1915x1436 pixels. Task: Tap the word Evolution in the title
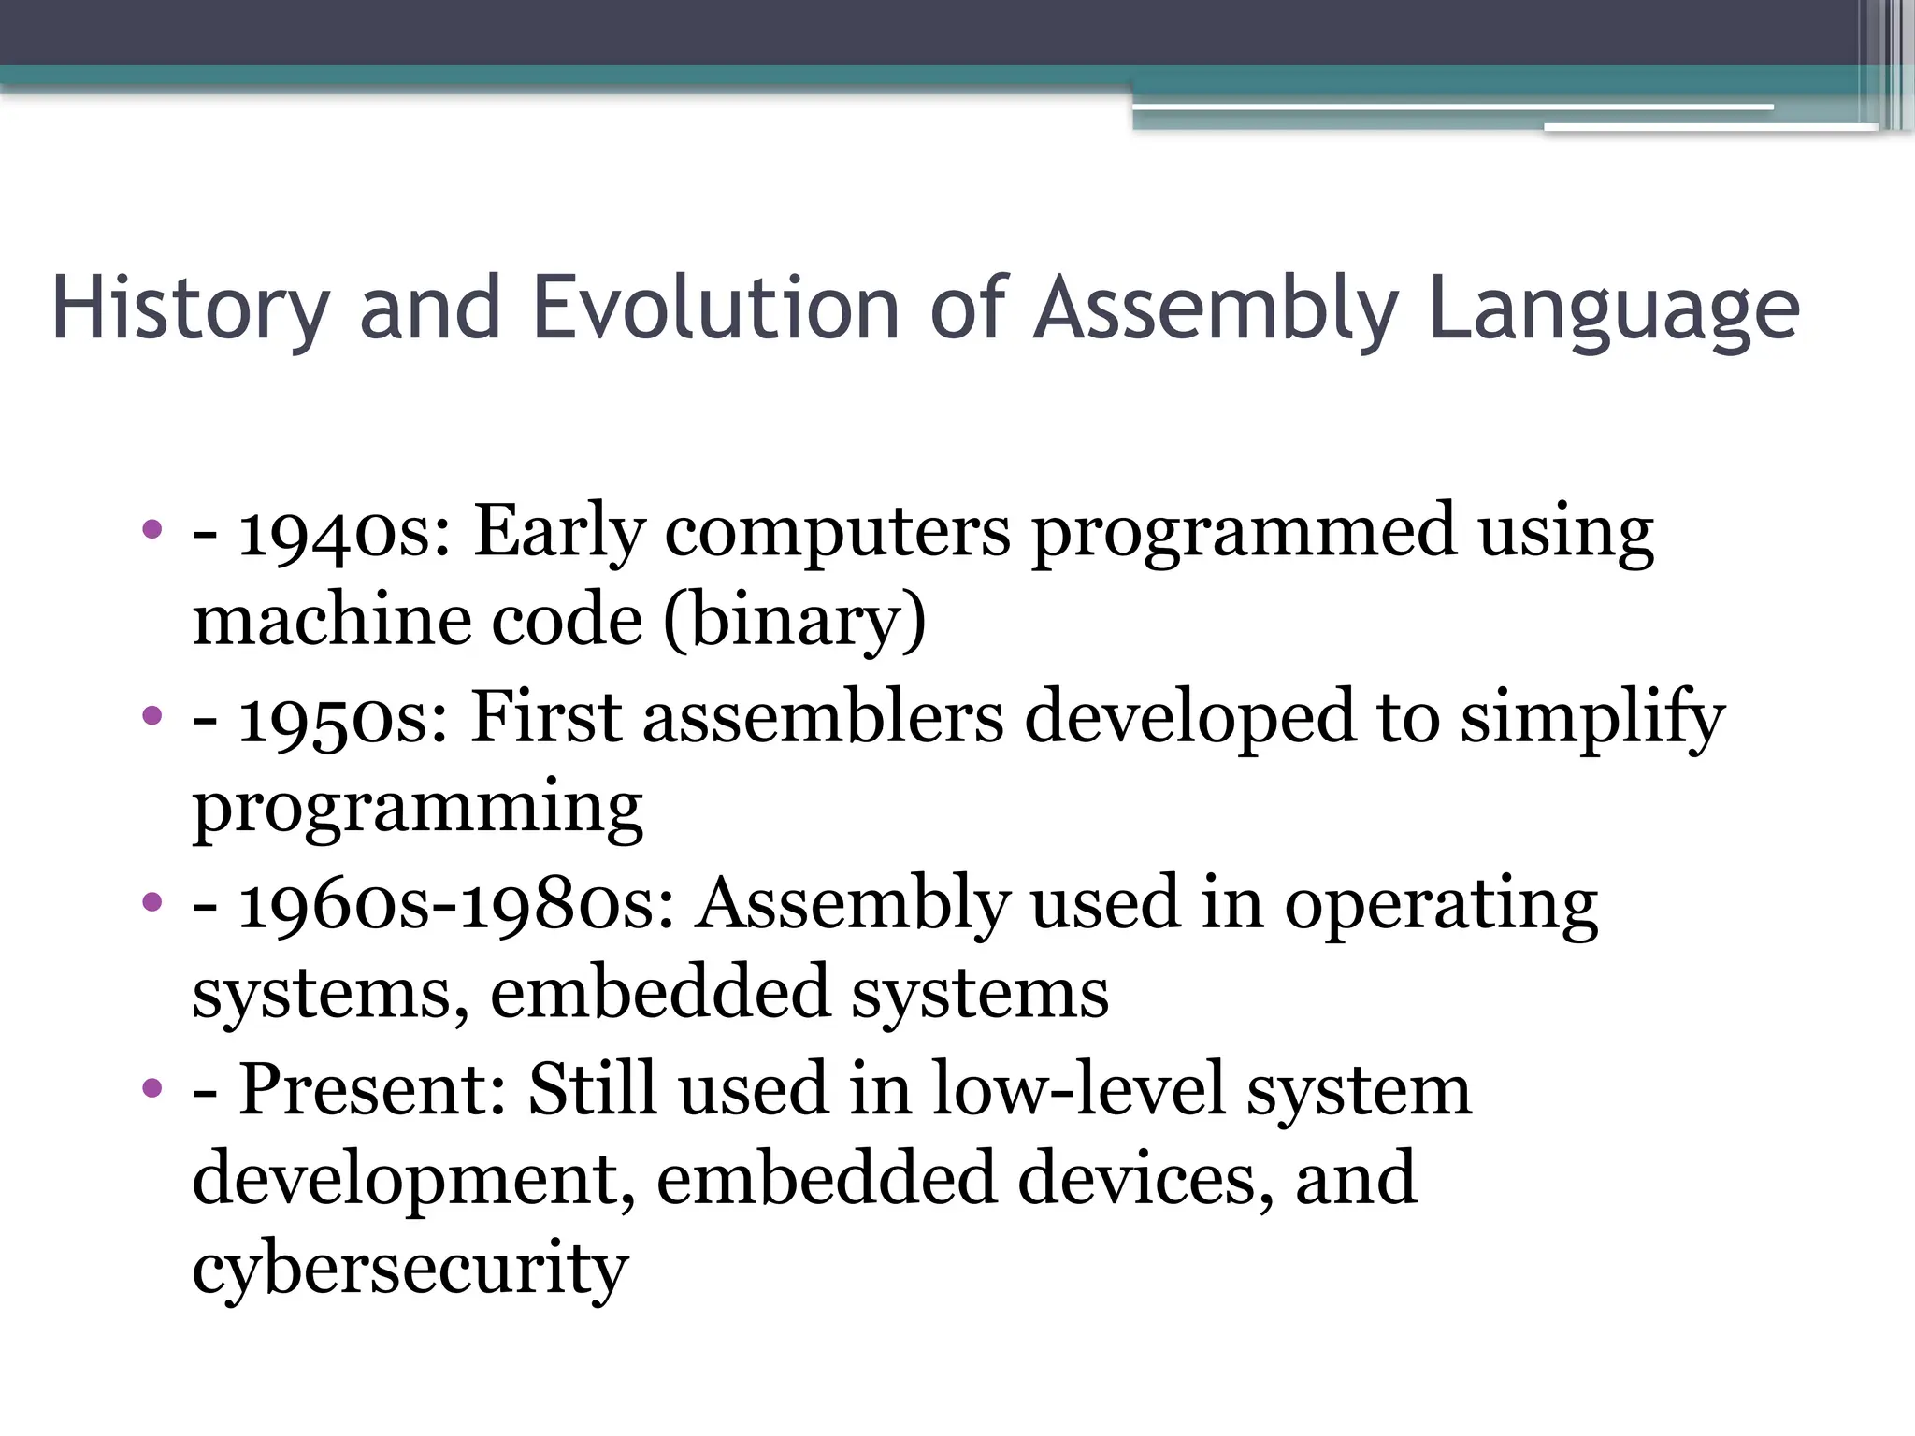coord(715,309)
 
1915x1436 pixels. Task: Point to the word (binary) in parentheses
coord(795,622)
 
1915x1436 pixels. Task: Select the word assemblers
coord(823,718)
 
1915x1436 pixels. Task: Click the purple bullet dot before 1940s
coord(152,530)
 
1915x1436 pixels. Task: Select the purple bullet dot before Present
coord(152,1087)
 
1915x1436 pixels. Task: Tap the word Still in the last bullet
coord(592,1089)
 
